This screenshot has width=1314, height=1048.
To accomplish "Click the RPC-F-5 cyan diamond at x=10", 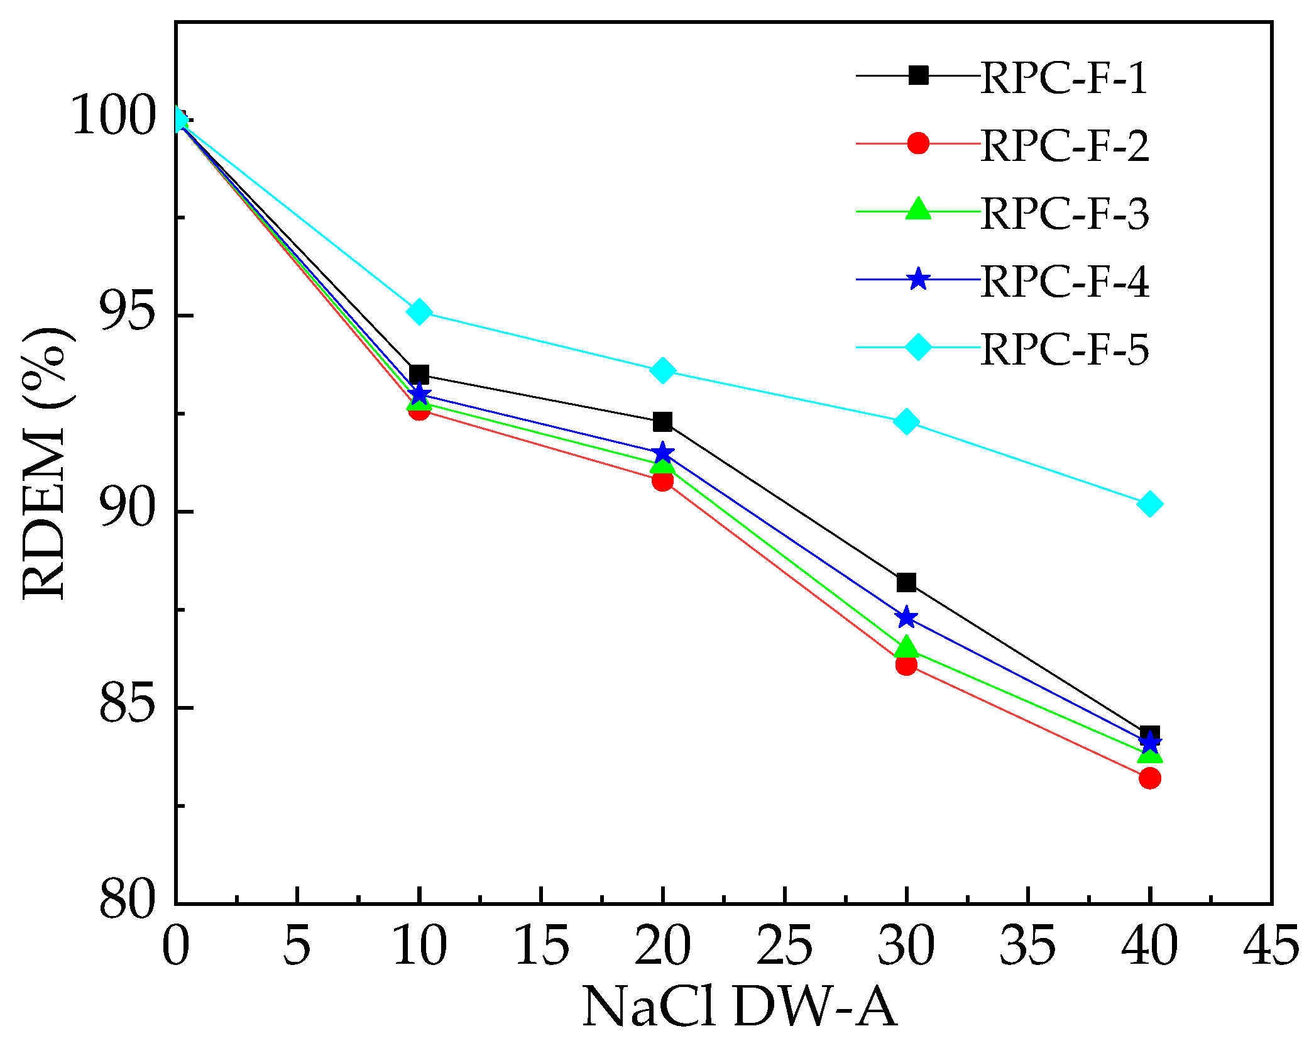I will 419,312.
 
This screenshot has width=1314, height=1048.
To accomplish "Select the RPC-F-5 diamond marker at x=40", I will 1149,504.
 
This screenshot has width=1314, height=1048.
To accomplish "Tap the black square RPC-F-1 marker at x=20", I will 662,422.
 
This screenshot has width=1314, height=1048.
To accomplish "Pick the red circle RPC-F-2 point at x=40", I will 1149,778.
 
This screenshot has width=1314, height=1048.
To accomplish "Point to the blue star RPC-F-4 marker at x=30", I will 906,618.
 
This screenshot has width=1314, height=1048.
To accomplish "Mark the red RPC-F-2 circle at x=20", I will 662,481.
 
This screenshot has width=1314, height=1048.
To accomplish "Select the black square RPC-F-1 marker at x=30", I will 906,582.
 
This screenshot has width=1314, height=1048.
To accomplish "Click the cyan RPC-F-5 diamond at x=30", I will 906,421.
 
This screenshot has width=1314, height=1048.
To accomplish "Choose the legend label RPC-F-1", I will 1064,79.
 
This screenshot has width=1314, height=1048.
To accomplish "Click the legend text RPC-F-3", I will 1064,214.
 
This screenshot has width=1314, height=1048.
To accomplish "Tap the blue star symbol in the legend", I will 918,279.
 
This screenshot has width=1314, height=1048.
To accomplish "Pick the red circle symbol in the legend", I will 918,143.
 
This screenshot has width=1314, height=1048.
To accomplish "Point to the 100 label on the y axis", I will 113,115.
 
